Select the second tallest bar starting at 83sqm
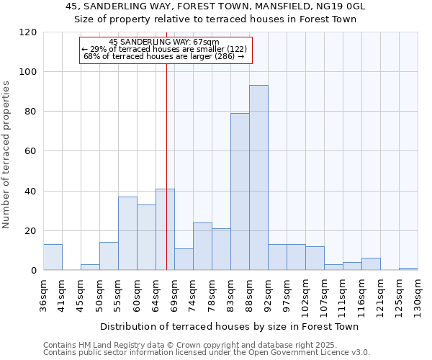coord(240,192)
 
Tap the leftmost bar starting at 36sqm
coord(53,257)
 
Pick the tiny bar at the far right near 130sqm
coord(408,269)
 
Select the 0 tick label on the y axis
coord(34,271)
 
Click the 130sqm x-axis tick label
coord(418,293)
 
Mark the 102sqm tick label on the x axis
coord(306,293)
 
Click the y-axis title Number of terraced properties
coord(6,155)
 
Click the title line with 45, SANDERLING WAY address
coord(215,6)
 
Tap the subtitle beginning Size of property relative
coord(215,19)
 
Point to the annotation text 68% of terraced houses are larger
coord(164,56)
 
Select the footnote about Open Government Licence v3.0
coord(207,352)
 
